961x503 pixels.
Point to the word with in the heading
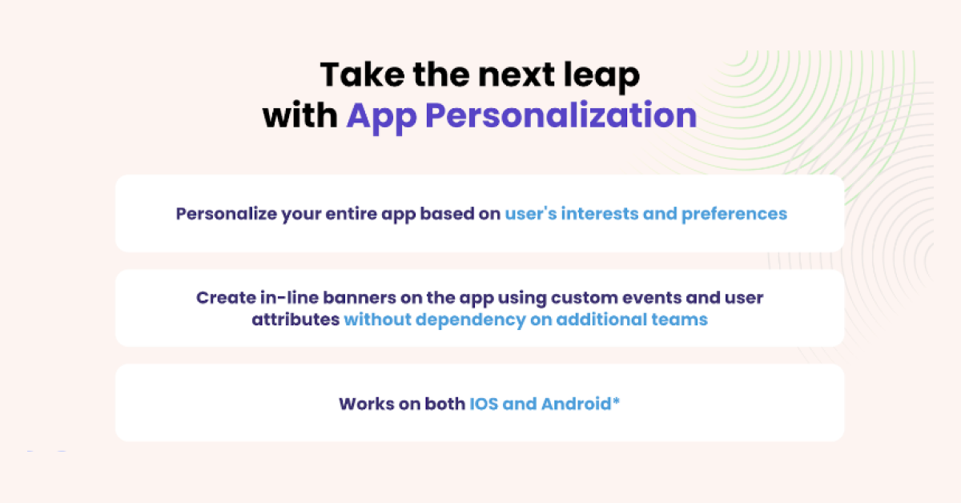pos(300,116)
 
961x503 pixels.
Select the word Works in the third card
pos(367,404)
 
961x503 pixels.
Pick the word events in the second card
pos(647,298)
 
